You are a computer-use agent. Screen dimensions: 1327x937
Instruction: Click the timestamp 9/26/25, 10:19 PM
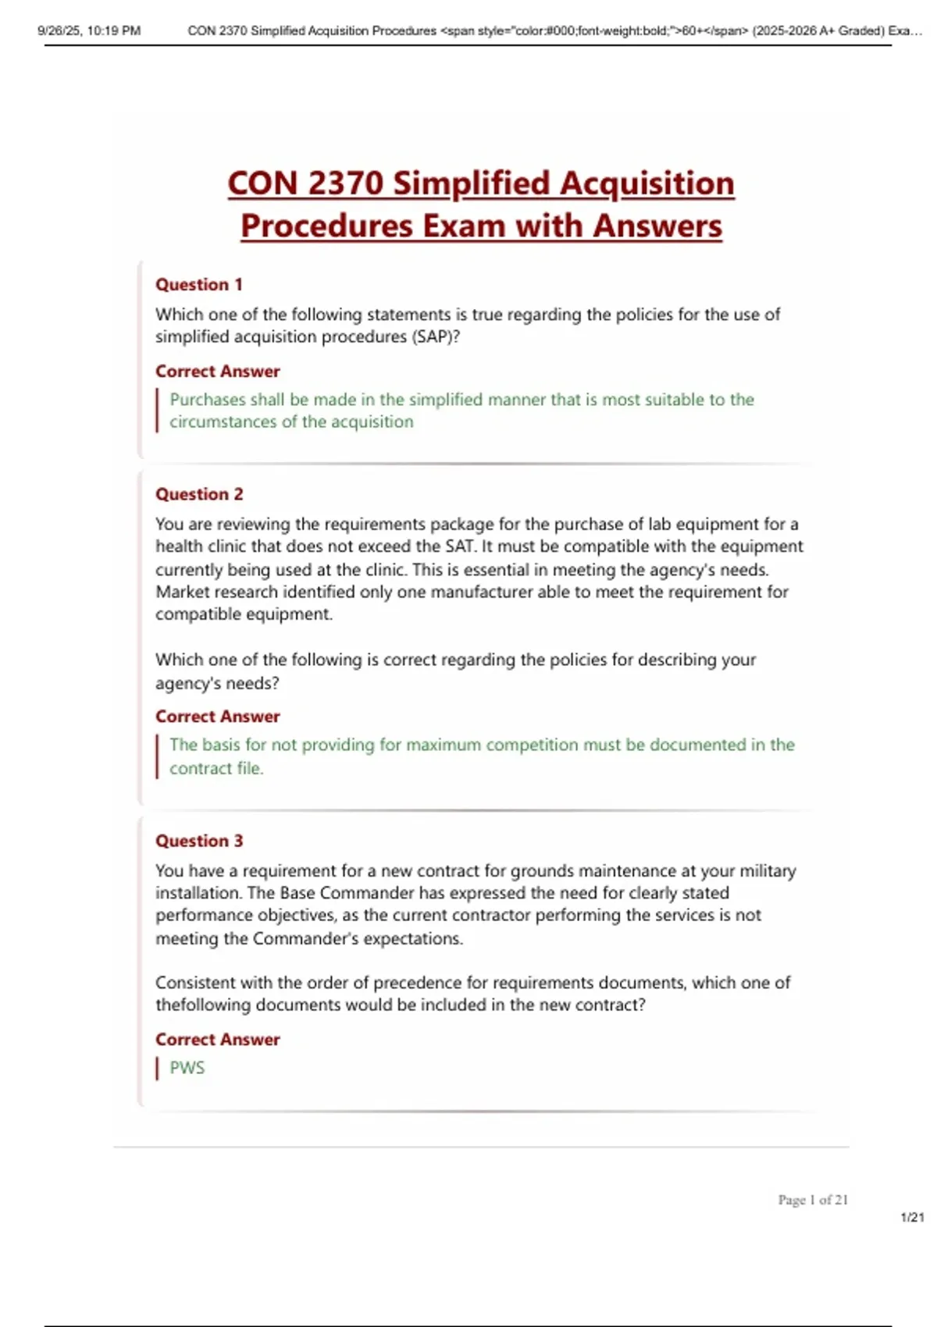tap(89, 31)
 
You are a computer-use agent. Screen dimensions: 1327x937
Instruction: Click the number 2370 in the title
tap(345, 184)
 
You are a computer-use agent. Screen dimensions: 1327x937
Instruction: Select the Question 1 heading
tap(198, 285)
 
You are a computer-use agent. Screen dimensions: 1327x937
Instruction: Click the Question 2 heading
tap(199, 494)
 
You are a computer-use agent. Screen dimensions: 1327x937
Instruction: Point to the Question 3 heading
tap(199, 841)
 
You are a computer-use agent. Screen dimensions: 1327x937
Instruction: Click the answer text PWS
tap(187, 1068)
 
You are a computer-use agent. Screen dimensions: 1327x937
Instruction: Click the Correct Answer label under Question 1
tap(217, 372)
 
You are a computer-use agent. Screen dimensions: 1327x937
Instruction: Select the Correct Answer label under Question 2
tap(217, 717)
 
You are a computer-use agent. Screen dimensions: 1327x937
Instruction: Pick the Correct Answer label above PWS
tap(217, 1040)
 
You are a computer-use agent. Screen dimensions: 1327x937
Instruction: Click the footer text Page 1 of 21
tap(812, 1200)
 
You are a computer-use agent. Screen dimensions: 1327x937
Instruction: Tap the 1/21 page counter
tap(912, 1218)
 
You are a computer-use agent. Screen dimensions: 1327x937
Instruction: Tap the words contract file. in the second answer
tap(216, 769)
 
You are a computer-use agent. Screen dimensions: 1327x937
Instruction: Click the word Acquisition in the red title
tap(647, 184)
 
